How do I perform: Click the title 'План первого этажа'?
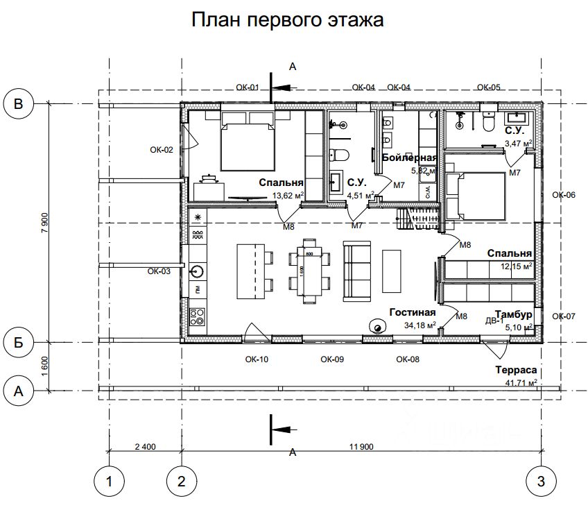(x=287, y=19)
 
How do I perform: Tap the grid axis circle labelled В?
(x=19, y=103)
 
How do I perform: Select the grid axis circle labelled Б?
(x=19, y=341)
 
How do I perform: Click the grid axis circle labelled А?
(x=19, y=391)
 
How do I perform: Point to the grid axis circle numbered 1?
(x=108, y=481)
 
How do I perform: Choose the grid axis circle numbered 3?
(x=542, y=481)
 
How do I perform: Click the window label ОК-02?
(x=161, y=148)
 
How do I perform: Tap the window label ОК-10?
(x=257, y=359)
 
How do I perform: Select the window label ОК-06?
(x=564, y=195)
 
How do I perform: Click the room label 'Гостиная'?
(x=412, y=312)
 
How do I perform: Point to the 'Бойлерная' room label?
(x=409, y=158)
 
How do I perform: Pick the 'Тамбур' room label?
(x=513, y=314)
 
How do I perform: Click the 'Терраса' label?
(x=517, y=371)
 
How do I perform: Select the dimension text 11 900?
(x=365, y=446)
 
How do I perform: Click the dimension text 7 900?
(x=44, y=222)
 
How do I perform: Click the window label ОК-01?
(x=247, y=87)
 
